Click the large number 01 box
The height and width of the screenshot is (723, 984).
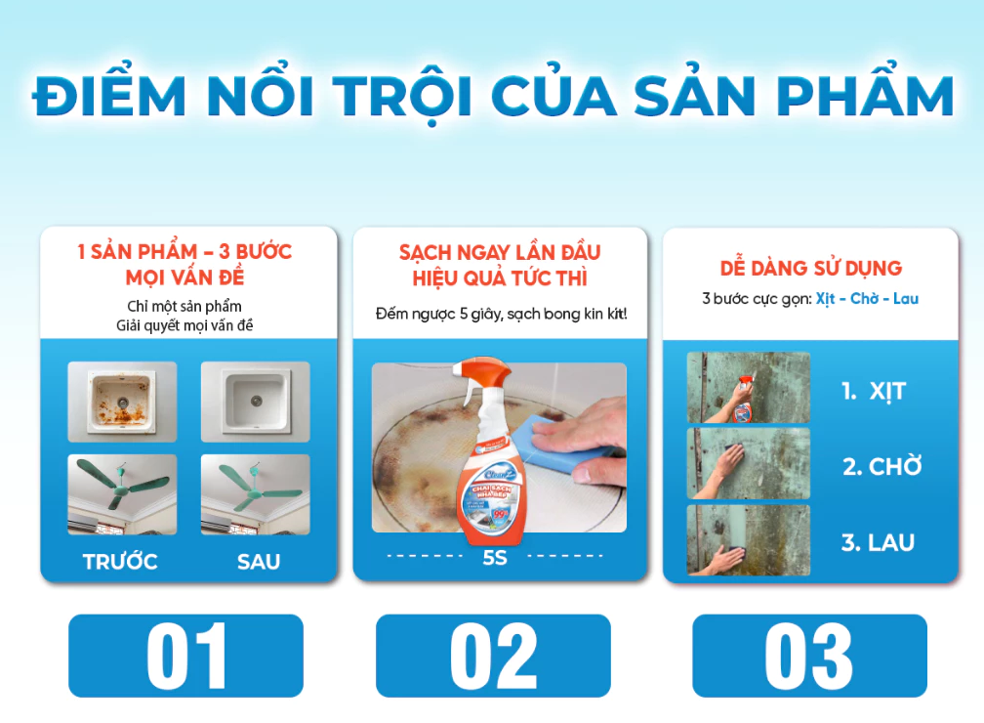point(185,655)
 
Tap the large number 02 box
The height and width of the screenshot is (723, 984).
point(493,655)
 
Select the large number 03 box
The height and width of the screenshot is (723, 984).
point(809,655)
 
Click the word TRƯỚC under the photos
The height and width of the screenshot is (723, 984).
point(120,562)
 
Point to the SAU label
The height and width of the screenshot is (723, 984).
point(258,562)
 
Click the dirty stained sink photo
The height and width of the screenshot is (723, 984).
point(122,402)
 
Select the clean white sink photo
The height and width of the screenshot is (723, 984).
point(255,402)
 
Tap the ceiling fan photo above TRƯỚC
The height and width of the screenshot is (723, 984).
point(122,493)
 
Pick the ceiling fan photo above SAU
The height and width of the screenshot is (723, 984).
point(255,493)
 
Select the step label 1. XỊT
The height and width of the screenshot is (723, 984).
point(874,392)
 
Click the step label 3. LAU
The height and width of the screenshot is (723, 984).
point(878,542)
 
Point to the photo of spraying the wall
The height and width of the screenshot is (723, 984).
point(748,388)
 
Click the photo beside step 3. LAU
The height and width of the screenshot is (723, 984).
point(748,539)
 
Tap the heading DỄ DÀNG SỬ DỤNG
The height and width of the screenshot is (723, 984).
point(810,268)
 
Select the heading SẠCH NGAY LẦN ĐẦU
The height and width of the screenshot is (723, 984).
point(500,252)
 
